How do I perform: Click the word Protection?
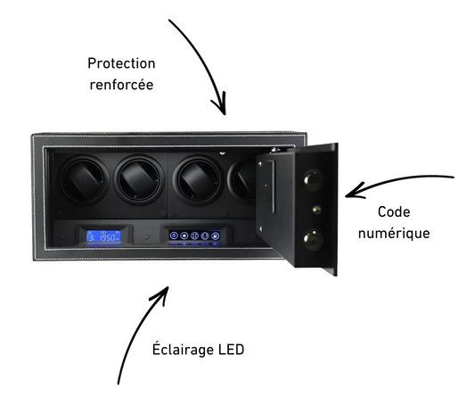121,63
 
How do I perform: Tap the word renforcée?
121,85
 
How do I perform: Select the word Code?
394,211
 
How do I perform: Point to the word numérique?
394,233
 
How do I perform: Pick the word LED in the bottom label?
231,350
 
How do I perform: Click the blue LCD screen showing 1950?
103,236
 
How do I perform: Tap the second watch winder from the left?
139,180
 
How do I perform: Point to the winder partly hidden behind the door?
242,180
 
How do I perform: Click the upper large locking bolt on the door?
313,179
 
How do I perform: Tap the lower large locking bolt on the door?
313,239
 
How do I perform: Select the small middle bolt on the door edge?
316,210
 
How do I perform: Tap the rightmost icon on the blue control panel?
215,235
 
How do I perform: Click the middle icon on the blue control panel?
194,235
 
